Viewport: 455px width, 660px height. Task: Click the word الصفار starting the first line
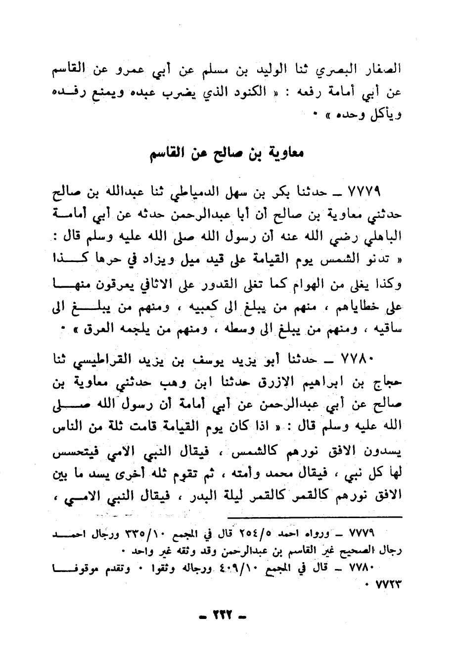point(381,70)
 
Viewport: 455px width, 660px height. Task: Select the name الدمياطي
point(222,190)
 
